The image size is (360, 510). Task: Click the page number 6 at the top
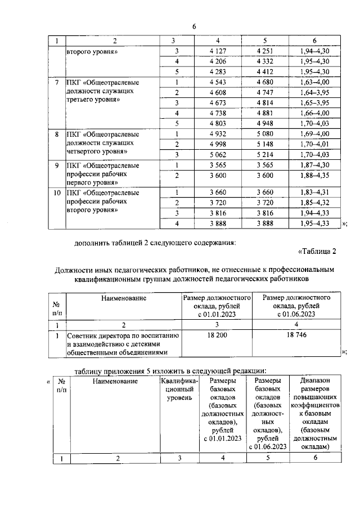[x=194, y=27]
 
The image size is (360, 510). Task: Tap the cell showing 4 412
[x=264, y=71]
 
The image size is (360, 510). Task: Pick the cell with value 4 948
[x=264, y=123]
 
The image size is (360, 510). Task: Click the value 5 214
[x=264, y=154]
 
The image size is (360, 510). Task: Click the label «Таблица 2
[x=316, y=251]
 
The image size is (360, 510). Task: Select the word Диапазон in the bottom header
[x=314, y=381]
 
